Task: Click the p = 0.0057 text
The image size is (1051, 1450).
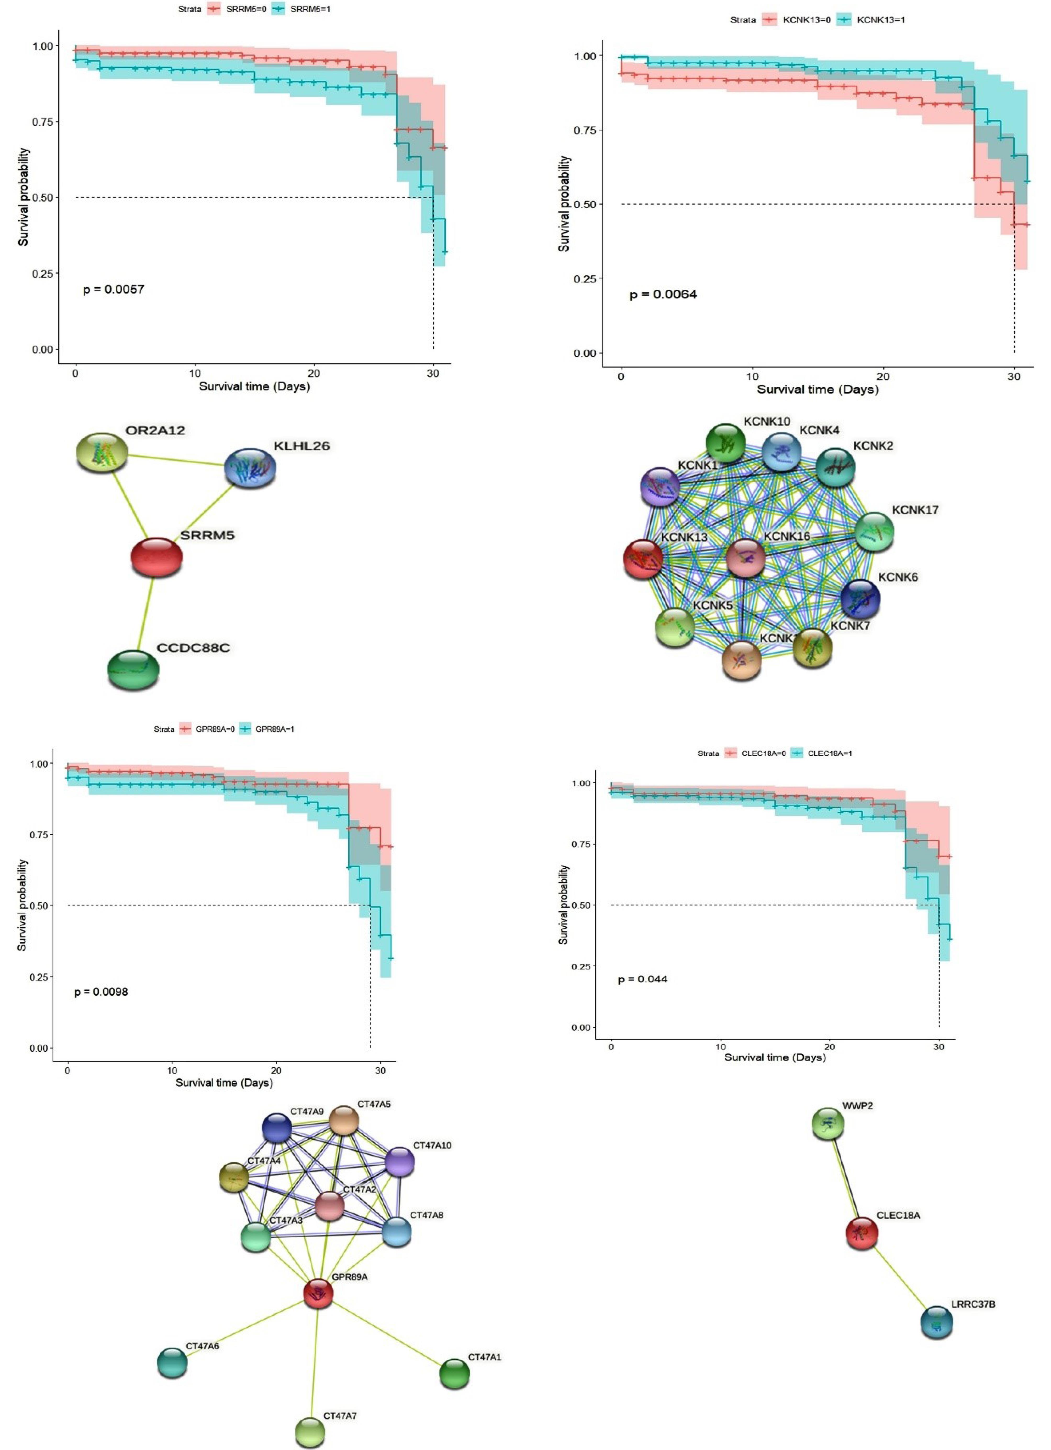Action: (x=114, y=290)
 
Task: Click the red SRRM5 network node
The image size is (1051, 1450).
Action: (x=156, y=557)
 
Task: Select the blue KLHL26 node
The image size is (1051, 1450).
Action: (x=250, y=468)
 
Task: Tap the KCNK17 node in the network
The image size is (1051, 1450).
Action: (x=874, y=531)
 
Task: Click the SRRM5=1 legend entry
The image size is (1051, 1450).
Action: (x=310, y=9)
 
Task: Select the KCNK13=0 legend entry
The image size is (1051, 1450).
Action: (x=806, y=20)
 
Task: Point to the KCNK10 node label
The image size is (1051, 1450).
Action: (x=767, y=421)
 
